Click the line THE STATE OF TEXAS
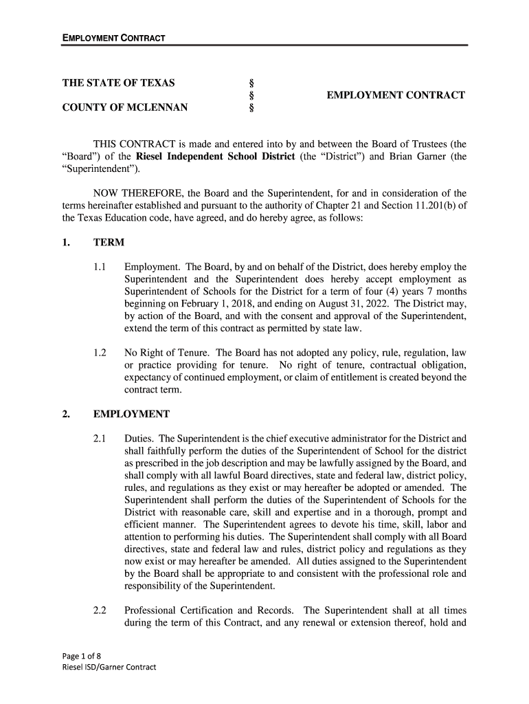click(118, 83)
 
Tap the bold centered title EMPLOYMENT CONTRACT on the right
click(396, 95)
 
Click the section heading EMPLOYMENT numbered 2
click(131, 414)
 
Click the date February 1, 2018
click(204, 303)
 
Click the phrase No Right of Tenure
click(167, 353)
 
